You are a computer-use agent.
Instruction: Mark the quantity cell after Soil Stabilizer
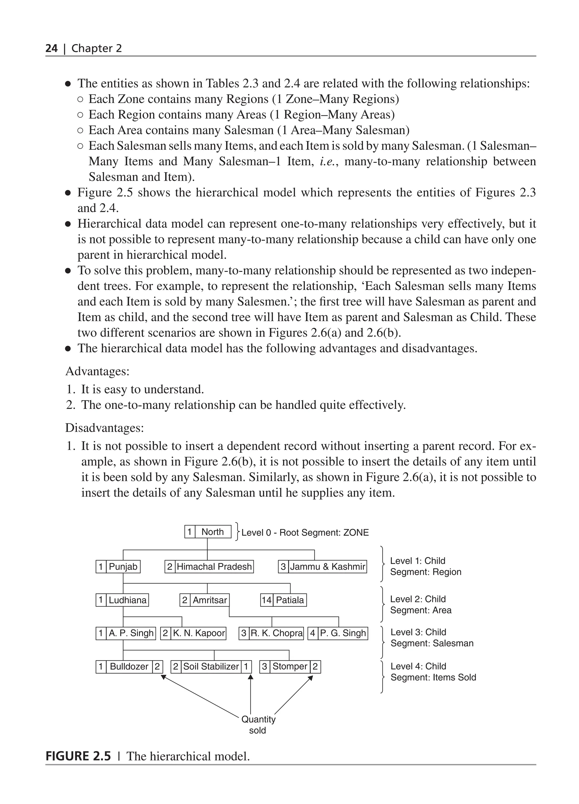point(246,667)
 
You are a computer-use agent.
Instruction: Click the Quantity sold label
point(258,725)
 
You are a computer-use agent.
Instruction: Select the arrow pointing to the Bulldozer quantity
point(200,695)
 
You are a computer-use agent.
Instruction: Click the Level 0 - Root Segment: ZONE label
point(305,532)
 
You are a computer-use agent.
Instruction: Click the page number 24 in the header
point(51,48)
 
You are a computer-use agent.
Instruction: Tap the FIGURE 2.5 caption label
point(78,756)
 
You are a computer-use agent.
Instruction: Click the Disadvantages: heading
point(105,428)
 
